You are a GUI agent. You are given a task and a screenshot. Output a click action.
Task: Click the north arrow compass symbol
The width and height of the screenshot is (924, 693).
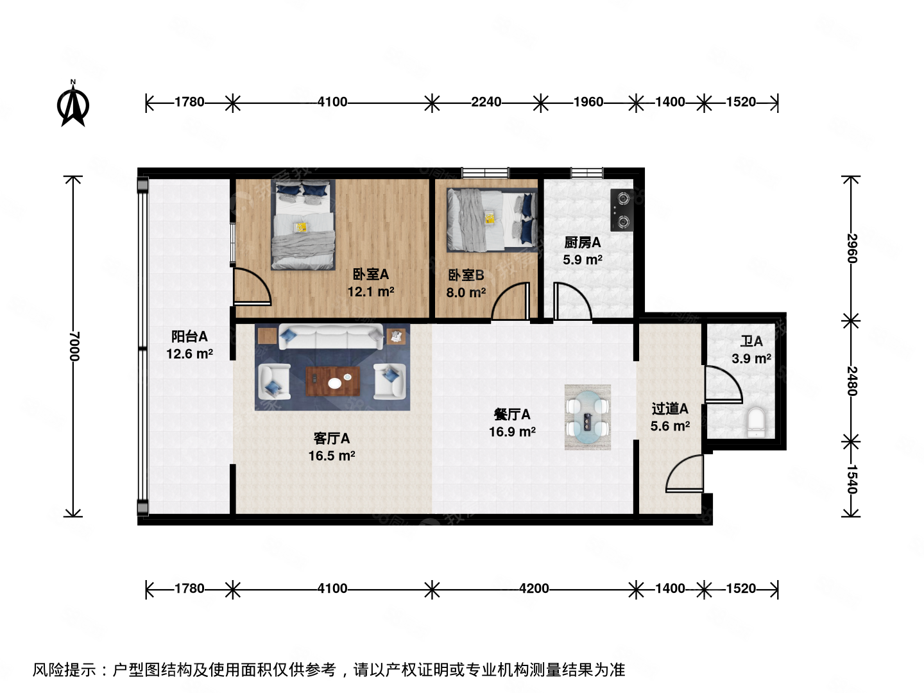click(x=73, y=104)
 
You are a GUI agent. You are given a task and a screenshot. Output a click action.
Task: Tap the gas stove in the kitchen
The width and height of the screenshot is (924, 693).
click(x=622, y=210)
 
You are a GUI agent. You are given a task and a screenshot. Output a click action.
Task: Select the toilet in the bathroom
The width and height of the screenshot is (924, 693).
click(x=757, y=422)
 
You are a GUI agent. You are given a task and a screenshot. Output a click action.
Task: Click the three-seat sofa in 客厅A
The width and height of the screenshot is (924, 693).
click(x=331, y=336)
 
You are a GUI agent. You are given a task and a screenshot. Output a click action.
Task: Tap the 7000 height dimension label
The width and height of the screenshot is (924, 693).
click(x=74, y=346)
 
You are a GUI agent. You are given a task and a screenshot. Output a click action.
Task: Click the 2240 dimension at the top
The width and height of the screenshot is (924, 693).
click(x=486, y=102)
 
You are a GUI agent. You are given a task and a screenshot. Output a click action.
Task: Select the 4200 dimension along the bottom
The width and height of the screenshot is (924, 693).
click(x=534, y=589)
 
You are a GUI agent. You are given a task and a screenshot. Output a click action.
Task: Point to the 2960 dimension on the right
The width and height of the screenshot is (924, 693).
click(x=851, y=248)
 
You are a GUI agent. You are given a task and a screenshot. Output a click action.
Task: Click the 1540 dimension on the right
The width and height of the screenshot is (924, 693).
click(x=851, y=479)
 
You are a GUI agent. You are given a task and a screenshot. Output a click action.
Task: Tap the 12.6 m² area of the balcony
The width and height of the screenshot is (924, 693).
click(x=189, y=354)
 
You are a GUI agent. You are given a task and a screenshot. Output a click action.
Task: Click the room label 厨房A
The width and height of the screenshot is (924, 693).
click(x=583, y=243)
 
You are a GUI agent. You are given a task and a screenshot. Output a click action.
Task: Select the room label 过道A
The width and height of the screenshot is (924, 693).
click(x=670, y=409)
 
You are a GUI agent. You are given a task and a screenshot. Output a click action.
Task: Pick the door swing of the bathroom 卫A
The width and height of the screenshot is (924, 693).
click(x=722, y=385)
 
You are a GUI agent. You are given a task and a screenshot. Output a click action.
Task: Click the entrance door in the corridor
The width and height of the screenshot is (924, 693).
click(x=685, y=475)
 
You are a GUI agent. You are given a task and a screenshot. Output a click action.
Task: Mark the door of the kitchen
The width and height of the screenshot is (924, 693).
click(x=571, y=302)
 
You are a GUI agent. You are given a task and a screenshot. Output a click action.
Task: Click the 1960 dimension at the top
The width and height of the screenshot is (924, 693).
click(x=588, y=102)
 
